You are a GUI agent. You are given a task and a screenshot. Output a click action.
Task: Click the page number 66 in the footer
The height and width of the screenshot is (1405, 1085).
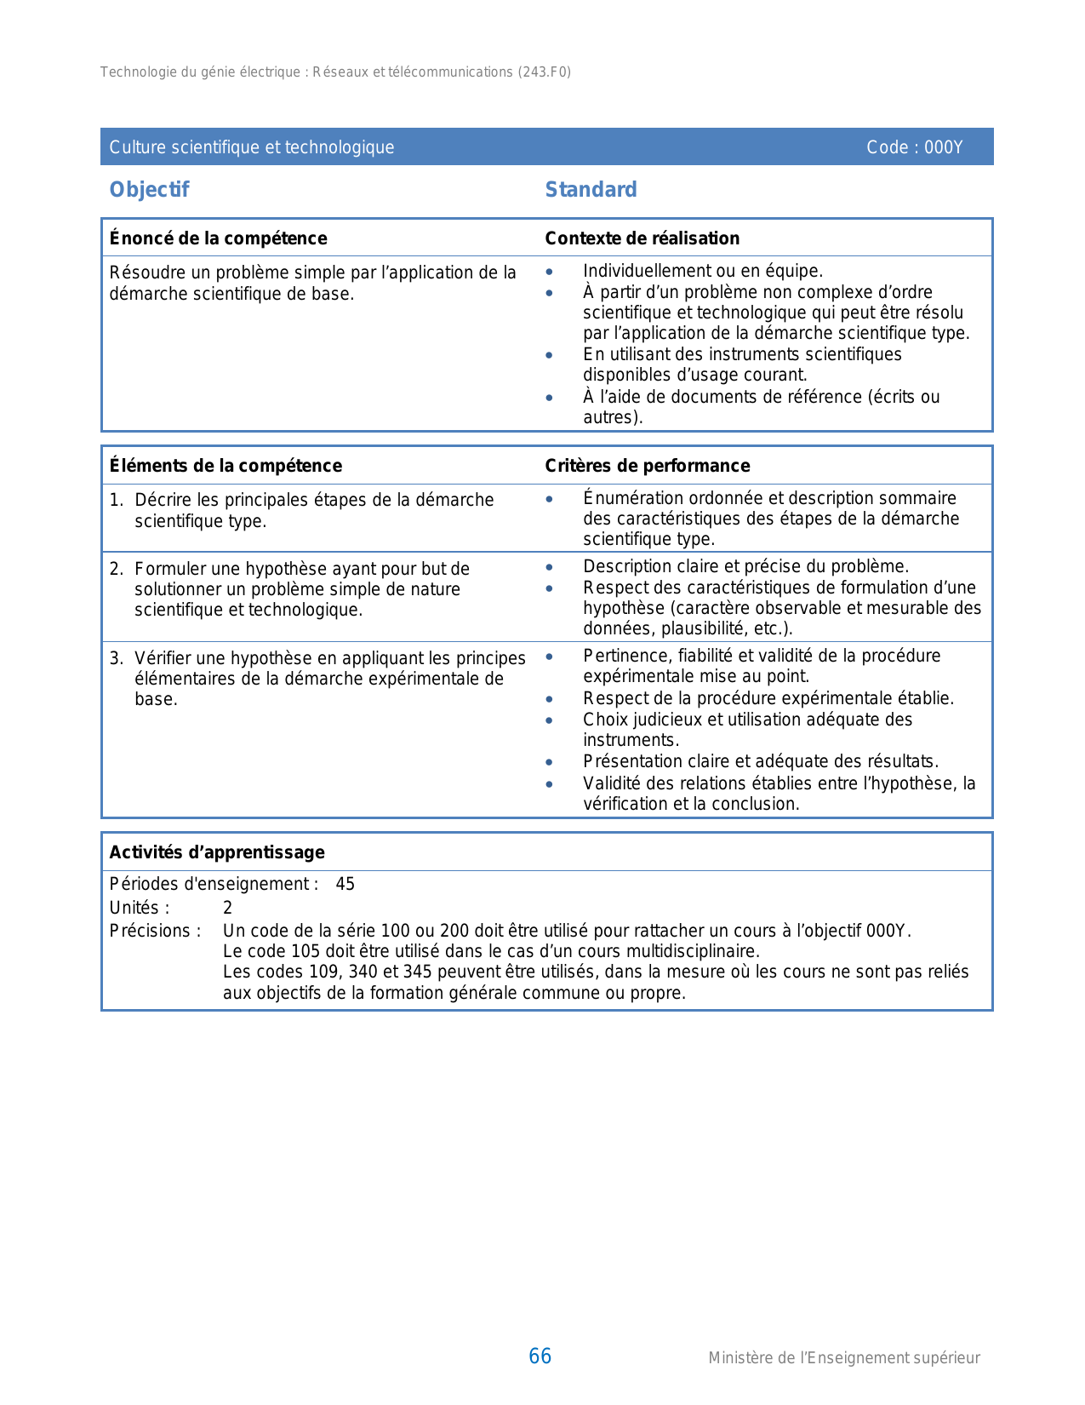click(540, 1356)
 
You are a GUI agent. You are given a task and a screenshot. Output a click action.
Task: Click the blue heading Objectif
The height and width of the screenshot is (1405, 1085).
click(149, 190)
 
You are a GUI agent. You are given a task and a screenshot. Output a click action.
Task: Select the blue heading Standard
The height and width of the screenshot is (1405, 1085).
click(591, 190)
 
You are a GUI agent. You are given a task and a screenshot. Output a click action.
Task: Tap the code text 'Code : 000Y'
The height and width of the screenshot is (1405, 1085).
click(914, 147)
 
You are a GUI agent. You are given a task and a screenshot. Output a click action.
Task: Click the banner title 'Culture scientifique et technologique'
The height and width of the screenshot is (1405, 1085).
click(252, 147)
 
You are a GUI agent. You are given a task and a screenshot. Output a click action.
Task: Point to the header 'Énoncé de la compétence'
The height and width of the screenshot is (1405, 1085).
click(218, 238)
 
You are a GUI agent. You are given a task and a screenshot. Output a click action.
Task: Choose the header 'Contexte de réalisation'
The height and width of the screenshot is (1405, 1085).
click(642, 238)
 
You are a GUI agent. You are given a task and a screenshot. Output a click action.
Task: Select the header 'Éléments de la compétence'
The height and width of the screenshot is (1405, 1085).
click(226, 466)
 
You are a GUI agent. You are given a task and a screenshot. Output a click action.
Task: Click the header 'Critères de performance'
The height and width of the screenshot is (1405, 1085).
click(647, 466)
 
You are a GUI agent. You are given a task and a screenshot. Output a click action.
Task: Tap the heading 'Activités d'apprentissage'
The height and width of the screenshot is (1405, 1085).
click(217, 852)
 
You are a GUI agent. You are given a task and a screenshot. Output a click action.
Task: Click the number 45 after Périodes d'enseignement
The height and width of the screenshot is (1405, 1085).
click(345, 884)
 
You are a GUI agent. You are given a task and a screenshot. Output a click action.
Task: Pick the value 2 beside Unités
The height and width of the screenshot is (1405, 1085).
click(227, 908)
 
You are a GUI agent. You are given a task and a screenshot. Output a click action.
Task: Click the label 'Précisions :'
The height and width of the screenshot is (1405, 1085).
click(155, 931)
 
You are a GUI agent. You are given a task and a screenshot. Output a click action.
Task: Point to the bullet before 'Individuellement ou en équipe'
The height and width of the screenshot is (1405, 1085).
click(550, 272)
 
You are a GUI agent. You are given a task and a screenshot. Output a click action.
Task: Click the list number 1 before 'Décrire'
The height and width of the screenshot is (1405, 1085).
click(116, 500)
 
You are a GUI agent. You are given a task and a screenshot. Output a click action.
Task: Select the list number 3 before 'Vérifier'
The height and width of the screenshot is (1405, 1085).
click(116, 658)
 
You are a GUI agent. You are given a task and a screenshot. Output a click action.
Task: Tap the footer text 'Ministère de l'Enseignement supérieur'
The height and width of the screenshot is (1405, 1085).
click(843, 1358)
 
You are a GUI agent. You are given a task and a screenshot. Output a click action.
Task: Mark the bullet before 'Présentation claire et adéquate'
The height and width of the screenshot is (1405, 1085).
click(550, 762)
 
